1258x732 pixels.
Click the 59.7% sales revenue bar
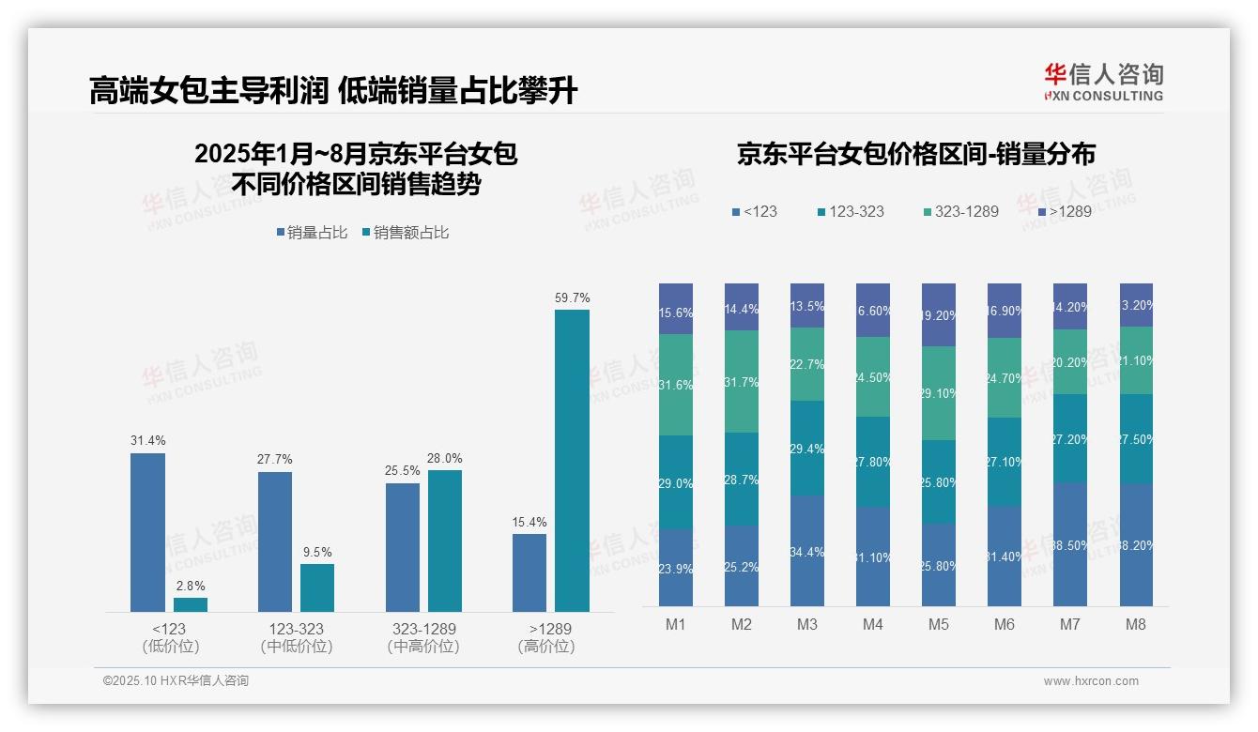coord(572,460)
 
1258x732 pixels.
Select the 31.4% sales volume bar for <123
coord(147,532)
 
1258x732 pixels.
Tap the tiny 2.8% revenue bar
coord(191,604)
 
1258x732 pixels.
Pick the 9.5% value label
coord(317,552)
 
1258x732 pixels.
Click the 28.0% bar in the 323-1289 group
coord(445,541)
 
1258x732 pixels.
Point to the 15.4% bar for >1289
coord(529,572)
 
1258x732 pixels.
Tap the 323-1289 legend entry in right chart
coord(959,212)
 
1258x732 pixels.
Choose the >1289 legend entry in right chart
coord(1065,212)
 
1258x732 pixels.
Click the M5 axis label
coord(939,624)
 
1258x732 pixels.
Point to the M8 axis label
coord(1136,624)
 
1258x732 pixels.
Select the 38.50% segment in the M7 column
coord(1070,544)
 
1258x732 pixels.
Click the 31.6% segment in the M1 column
coord(676,385)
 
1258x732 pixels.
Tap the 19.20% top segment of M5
coord(939,315)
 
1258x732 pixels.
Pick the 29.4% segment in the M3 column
coord(807,449)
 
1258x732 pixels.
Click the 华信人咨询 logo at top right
coord(1103,82)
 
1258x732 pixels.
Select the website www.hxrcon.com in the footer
coord(1091,681)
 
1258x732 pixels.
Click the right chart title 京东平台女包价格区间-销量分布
coord(915,154)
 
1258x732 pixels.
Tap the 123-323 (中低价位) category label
coord(296,637)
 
